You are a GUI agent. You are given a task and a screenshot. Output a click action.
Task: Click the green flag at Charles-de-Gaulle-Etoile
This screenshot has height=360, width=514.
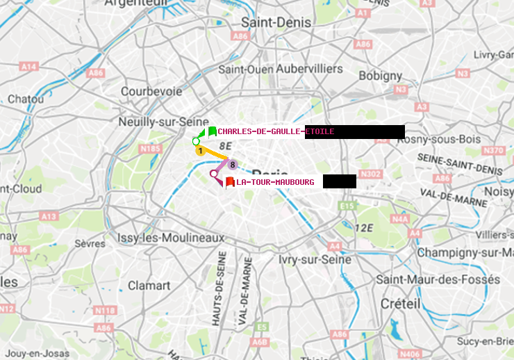click(212, 131)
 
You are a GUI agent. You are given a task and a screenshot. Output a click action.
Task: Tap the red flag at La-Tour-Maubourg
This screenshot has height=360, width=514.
click(229, 182)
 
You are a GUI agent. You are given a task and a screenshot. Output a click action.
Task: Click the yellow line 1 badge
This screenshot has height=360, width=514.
click(200, 150)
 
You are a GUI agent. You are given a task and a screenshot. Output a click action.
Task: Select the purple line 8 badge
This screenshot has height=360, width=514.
click(233, 165)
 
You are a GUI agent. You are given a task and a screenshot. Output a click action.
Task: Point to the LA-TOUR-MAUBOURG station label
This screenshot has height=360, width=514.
click(275, 182)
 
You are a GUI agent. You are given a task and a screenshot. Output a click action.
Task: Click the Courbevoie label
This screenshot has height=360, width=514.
click(151, 91)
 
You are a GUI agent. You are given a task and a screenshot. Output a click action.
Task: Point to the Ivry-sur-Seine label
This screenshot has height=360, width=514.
click(315, 259)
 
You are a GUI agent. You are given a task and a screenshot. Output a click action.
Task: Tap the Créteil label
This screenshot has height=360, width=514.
click(400, 304)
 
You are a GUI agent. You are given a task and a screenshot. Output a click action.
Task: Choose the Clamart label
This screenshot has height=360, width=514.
click(149, 285)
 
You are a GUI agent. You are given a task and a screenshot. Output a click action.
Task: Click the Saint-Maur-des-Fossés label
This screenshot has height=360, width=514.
click(438, 279)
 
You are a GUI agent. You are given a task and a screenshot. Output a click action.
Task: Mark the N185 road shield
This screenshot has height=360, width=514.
click(150, 148)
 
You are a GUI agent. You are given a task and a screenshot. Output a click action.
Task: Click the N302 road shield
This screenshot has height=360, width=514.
click(371, 174)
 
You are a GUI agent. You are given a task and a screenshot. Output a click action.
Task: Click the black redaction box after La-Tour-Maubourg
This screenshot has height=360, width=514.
click(339, 181)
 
